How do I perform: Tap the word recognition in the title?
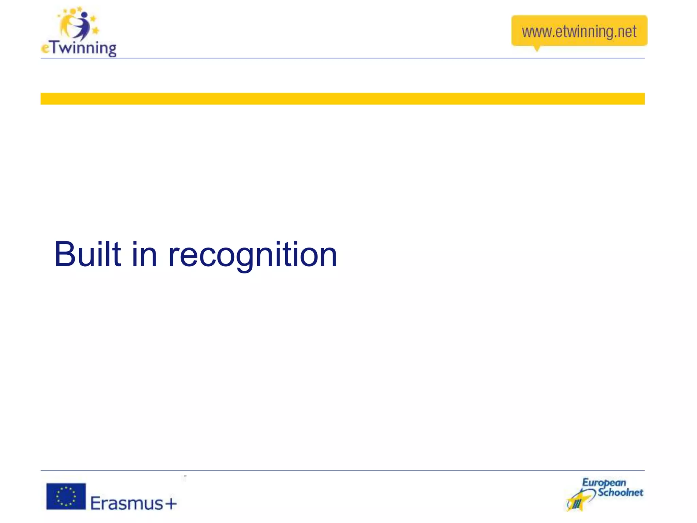coord(253,255)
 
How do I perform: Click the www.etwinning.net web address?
coord(579,32)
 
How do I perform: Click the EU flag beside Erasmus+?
coord(66,496)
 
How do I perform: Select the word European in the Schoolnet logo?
coord(604,483)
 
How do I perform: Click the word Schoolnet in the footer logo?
coord(620,492)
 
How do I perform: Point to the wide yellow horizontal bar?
coord(342,99)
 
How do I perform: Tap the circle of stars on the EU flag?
coord(66,496)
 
